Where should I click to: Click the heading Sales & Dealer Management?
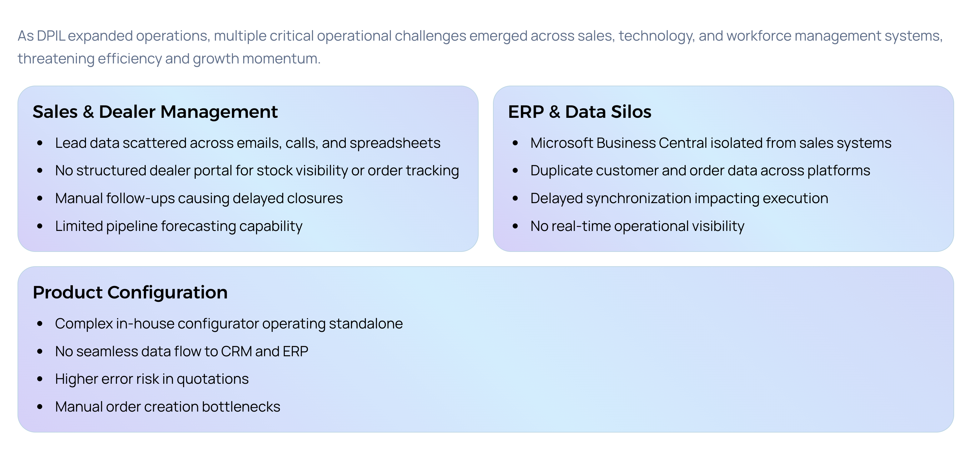pyautogui.click(x=155, y=112)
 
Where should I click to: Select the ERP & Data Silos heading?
pyautogui.click(x=580, y=112)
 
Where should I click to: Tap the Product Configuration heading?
pyautogui.click(x=130, y=292)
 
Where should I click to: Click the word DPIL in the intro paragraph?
pyautogui.click(x=51, y=36)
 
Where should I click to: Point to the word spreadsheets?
pyautogui.click(x=395, y=143)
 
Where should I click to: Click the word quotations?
pyautogui.click(x=213, y=379)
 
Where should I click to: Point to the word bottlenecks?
pyautogui.click(x=241, y=407)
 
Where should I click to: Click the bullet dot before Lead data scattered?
pyautogui.click(x=40, y=143)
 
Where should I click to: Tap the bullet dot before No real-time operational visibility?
pyautogui.click(x=515, y=227)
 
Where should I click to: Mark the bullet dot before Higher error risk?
pyautogui.click(x=40, y=379)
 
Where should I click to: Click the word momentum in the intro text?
pyautogui.click(x=281, y=59)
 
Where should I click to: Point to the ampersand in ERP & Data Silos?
pyautogui.click(x=554, y=112)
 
